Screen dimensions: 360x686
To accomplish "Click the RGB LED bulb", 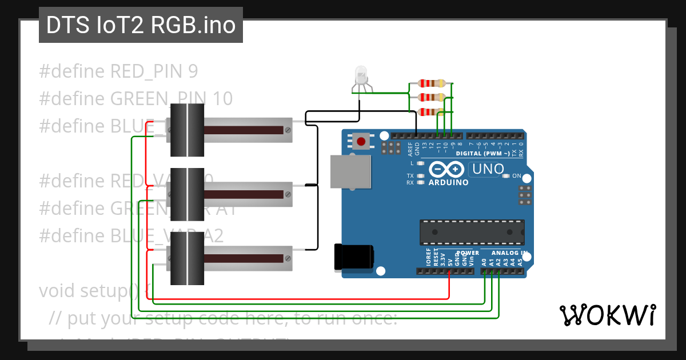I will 361,75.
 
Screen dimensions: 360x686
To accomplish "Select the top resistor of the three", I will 432,83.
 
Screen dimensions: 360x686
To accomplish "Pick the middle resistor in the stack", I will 432,98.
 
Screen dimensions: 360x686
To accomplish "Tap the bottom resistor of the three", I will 432,112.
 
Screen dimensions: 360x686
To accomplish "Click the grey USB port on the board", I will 350,171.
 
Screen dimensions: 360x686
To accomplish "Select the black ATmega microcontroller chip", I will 472,231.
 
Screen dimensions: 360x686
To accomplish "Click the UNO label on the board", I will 486,169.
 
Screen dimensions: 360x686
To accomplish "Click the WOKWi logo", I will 607,315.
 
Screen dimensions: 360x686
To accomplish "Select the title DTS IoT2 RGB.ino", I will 141,26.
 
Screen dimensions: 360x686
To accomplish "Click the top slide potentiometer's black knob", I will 187,130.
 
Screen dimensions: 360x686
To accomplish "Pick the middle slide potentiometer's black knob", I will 187,194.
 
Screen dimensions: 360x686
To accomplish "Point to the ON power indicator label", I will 516,176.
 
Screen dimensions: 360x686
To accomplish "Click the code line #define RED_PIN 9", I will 118,71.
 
